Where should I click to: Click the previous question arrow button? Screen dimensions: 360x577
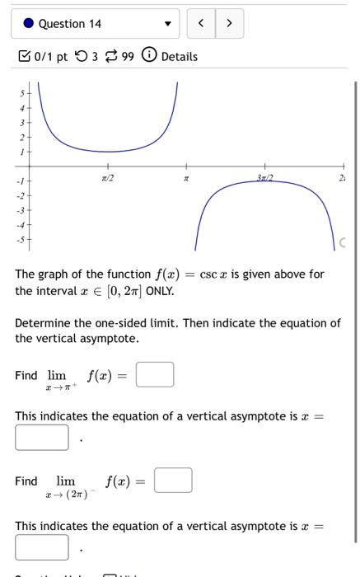pyautogui.click(x=201, y=24)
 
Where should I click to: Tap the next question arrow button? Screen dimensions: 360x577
pyautogui.click(x=229, y=24)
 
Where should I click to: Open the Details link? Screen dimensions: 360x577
pyautogui.click(x=180, y=56)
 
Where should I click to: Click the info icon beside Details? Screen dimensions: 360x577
pyautogui.click(x=149, y=56)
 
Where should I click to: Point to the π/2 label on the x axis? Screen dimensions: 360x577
pyautogui.click(x=107, y=177)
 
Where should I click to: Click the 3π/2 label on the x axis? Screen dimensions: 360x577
pyautogui.click(x=264, y=177)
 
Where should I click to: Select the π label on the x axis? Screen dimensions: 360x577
pyautogui.click(x=186, y=178)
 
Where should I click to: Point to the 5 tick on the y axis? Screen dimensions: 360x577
pyautogui.click(x=22, y=92)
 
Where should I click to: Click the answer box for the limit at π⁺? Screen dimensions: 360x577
pyautogui.click(x=155, y=375)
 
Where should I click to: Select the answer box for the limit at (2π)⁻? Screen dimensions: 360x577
pyautogui.click(x=173, y=480)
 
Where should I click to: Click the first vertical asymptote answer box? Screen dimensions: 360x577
pyautogui.click(x=42, y=437)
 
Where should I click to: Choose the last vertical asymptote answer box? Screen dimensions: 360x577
pyautogui.click(x=42, y=547)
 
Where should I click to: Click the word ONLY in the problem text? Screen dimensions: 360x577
pyautogui.click(x=160, y=291)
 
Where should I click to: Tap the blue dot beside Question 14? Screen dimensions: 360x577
pyautogui.click(x=28, y=24)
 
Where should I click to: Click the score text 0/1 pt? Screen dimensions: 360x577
pyautogui.click(x=51, y=56)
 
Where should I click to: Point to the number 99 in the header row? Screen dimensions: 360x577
pyautogui.click(x=128, y=56)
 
